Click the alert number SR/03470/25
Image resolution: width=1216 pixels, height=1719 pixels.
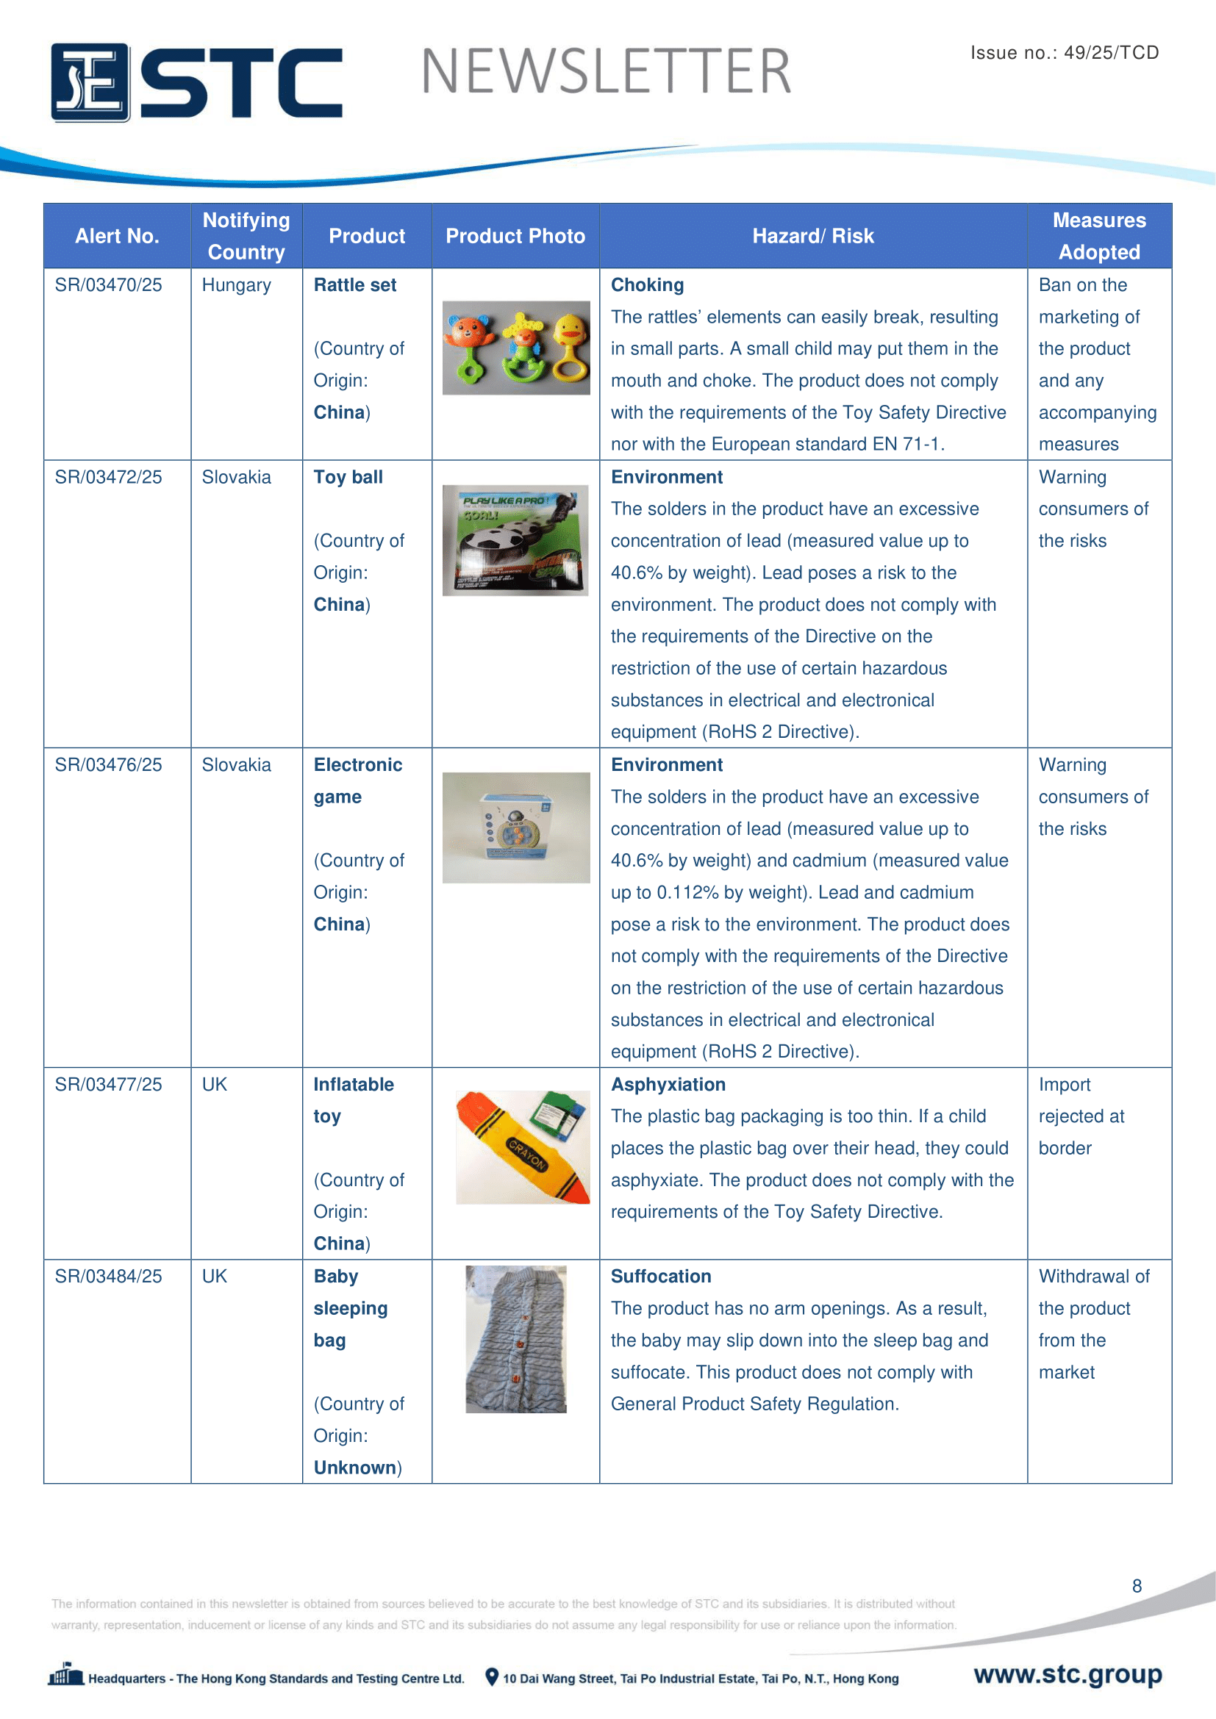(x=108, y=285)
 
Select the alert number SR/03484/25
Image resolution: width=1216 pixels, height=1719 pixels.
(x=108, y=1277)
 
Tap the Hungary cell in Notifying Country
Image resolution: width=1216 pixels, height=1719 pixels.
(x=236, y=285)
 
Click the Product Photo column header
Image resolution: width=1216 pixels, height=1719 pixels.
(x=515, y=236)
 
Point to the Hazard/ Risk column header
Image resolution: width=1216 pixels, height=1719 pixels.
(x=812, y=236)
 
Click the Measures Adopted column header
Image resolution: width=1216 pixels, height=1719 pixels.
(x=1098, y=236)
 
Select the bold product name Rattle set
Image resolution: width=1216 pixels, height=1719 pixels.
(x=355, y=285)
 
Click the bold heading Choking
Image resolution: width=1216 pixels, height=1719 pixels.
(x=647, y=285)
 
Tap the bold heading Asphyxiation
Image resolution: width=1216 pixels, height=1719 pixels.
(x=668, y=1085)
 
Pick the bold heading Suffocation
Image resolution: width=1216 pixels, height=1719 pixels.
(x=660, y=1277)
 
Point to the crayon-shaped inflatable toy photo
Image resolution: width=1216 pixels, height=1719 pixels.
(x=522, y=1148)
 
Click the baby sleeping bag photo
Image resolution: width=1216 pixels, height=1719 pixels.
(x=516, y=1340)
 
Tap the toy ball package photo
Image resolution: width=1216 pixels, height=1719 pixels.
(x=515, y=540)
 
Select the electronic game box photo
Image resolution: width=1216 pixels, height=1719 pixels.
(x=516, y=828)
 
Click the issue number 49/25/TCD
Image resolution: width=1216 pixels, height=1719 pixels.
(x=1111, y=52)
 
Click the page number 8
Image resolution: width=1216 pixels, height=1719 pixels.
(x=1137, y=1586)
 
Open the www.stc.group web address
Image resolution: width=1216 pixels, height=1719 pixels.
(x=1067, y=1674)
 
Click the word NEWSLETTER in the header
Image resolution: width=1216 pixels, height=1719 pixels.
(x=606, y=72)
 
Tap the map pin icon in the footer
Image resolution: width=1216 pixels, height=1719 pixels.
(x=491, y=1676)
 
